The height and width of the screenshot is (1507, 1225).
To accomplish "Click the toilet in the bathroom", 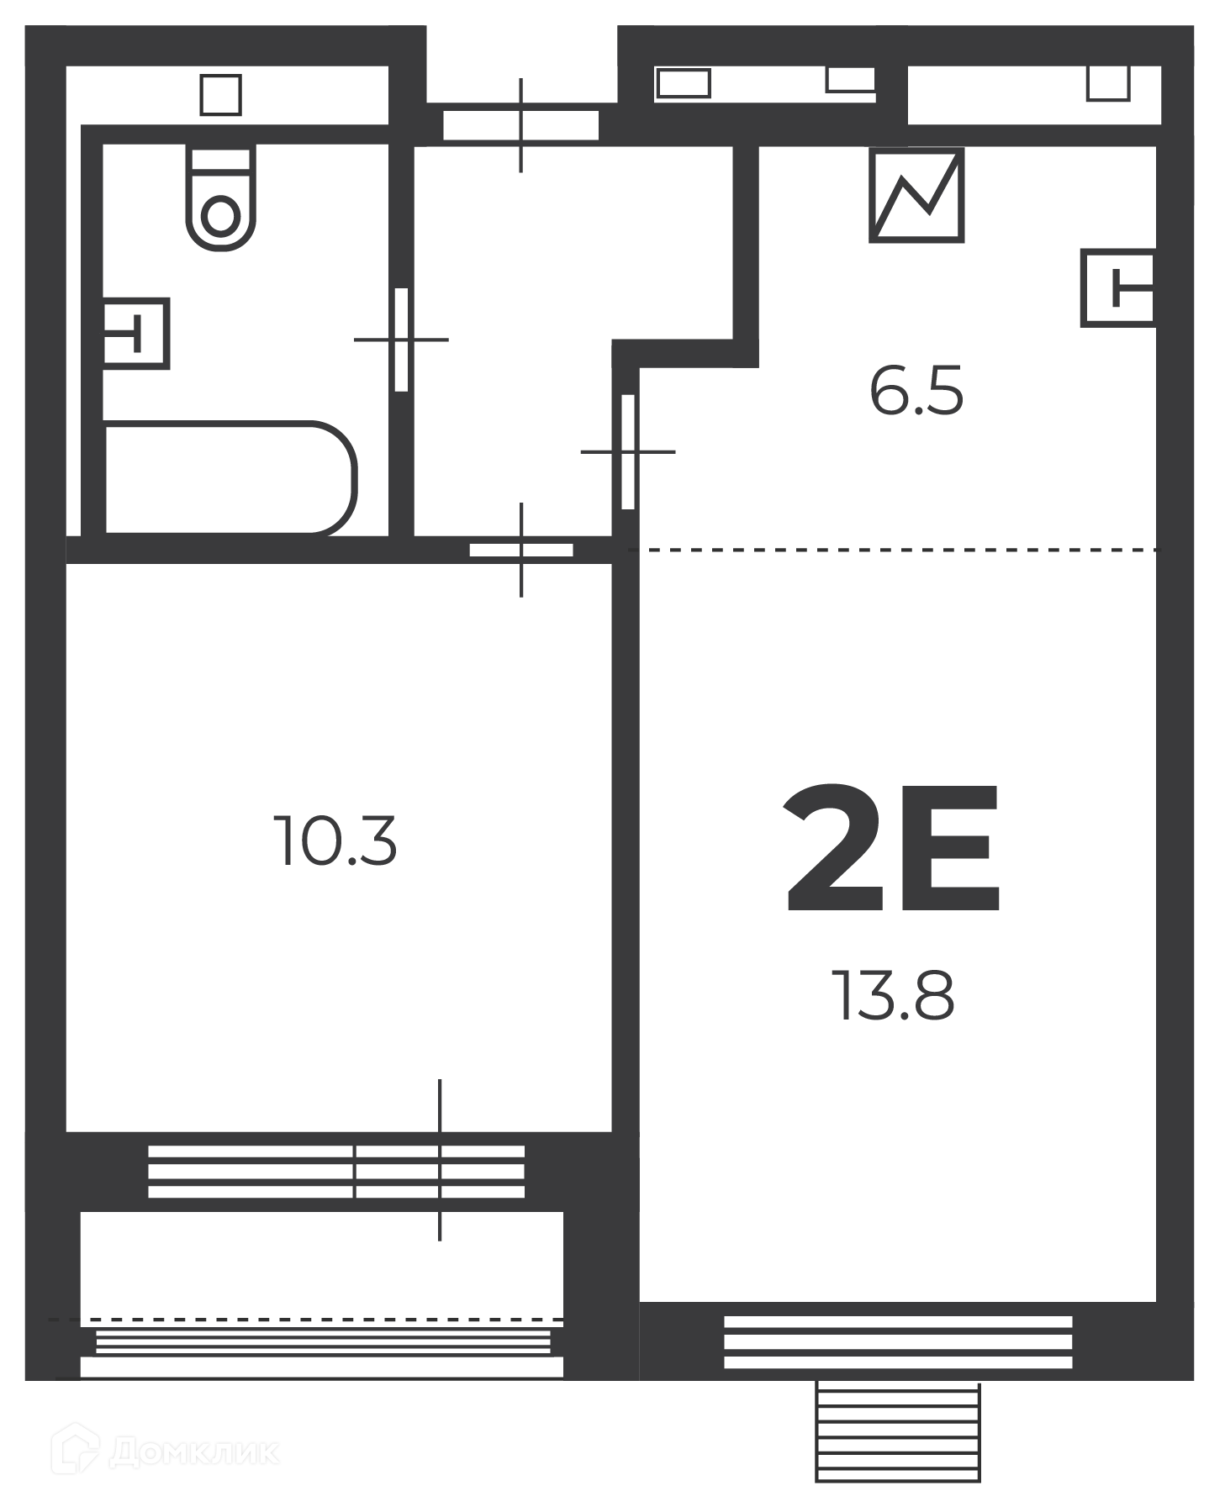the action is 220,198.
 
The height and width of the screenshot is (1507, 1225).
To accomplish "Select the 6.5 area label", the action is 916,391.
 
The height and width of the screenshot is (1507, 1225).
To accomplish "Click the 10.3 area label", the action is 335,840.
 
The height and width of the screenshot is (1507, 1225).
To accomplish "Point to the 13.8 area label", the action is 892,995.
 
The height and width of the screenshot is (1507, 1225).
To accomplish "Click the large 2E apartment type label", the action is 892,849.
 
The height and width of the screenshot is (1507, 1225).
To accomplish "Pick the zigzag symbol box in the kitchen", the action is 916,195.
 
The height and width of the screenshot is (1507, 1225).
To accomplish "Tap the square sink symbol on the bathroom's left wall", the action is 135,333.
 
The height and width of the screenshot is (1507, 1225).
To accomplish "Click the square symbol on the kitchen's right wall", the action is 1117,287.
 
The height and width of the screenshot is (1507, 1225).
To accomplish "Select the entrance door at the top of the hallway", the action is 520,125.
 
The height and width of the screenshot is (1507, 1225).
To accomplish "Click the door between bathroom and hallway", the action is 401,340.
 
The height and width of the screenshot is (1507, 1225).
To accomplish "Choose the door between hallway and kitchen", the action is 627,451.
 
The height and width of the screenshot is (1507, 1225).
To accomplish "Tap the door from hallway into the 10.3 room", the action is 521,550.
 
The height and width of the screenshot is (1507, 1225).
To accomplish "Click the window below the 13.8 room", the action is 898,1341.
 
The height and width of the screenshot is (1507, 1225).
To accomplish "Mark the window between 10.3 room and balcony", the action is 336,1171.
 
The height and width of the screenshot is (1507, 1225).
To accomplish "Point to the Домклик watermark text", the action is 194,1452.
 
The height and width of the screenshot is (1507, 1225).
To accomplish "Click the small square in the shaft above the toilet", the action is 221,94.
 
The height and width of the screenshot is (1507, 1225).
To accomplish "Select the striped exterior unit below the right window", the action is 898,1431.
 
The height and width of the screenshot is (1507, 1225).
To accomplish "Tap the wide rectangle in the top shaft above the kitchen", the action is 684,83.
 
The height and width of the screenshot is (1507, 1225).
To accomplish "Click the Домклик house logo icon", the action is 75,1447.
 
